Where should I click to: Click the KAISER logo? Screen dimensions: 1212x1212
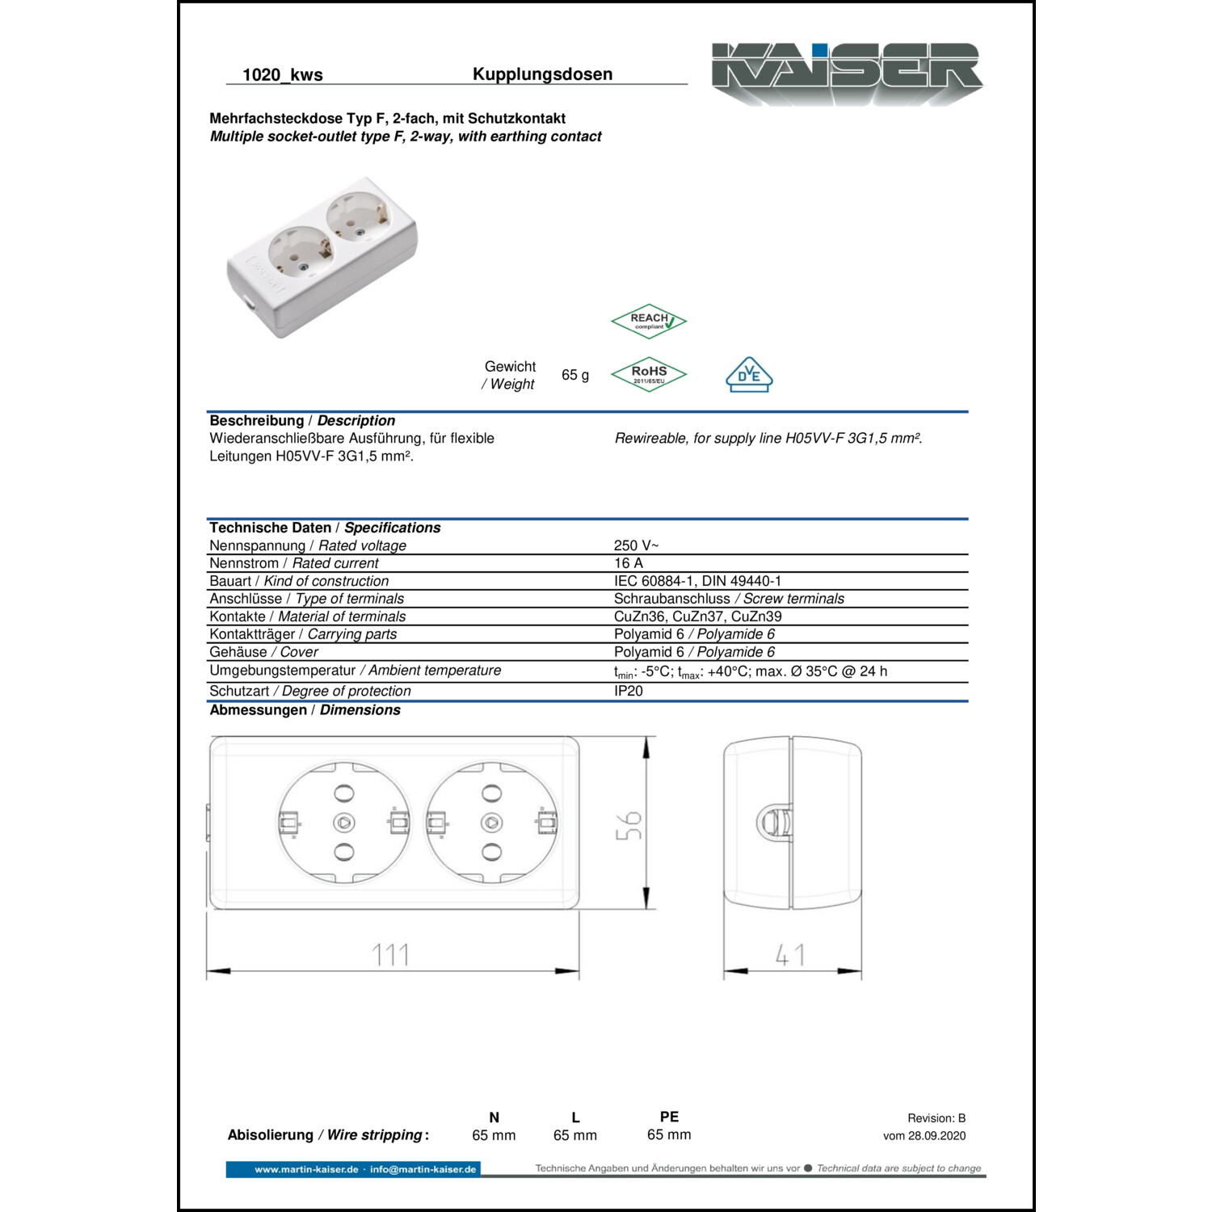(x=847, y=73)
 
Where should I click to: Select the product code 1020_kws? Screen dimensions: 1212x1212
(x=283, y=75)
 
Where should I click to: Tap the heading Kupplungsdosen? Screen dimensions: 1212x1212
(x=543, y=74)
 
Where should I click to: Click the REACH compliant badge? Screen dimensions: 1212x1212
(x=649, y=322)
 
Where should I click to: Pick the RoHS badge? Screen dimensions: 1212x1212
(x=649, y=375)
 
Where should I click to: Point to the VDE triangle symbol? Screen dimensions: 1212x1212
(x=749, y=375)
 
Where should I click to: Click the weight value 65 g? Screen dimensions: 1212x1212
(x=575, y=375)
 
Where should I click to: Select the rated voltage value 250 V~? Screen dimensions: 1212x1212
(x=637, y=545)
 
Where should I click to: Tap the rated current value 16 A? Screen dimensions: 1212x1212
(x=629, y=563)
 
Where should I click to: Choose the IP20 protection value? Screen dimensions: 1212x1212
(x=629, y=691)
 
